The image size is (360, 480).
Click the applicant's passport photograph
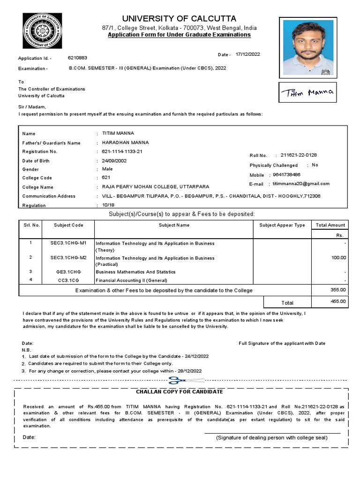click(307, 47)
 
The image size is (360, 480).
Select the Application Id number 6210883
click(77, 58)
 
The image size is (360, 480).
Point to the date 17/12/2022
click(247, 54)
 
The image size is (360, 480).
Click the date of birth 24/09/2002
click(114, 161)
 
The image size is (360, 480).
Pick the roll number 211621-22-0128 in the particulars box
click(301, 155)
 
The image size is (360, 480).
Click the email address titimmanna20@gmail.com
click(301, 184)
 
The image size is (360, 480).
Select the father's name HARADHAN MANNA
click(125, 142)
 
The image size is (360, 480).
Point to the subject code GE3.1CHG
click(68, 272)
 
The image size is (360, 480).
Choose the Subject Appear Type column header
click(282, 225)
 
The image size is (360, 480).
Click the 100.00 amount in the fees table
click(338, 258)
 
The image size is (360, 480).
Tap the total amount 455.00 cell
click(338, 302)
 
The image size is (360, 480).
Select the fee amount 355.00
click(338, 290)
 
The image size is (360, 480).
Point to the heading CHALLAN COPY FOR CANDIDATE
click(180, 392)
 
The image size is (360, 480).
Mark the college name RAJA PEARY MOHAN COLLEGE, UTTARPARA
click(155, 187)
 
